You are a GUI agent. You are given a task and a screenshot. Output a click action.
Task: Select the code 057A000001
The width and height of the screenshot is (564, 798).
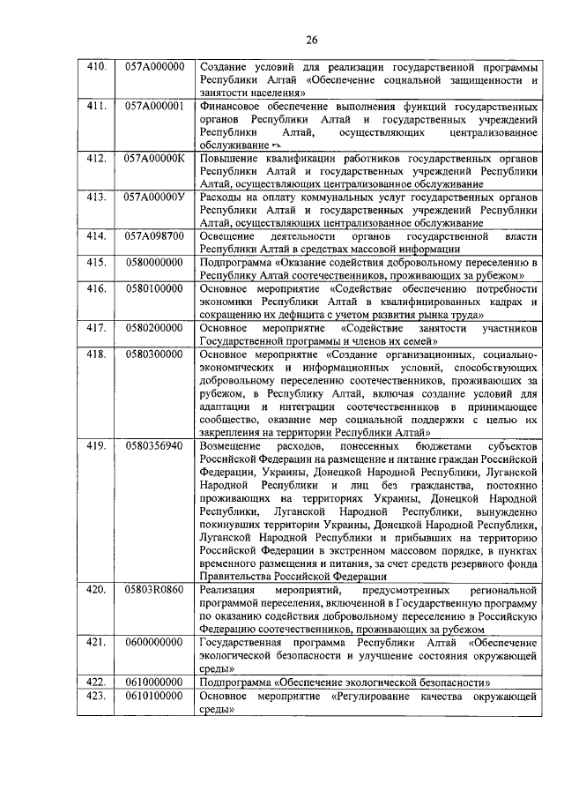click(x=154, y=106)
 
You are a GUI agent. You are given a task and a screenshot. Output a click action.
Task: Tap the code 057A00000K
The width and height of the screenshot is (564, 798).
click(x=154, y=158)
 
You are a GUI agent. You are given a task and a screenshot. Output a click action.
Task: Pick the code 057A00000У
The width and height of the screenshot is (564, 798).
click(x=154, y=197)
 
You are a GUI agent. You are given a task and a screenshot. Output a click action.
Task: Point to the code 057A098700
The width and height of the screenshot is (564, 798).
click(x=154, y=236)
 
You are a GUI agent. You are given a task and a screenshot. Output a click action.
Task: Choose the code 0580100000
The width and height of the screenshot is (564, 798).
click(x=154, y=288)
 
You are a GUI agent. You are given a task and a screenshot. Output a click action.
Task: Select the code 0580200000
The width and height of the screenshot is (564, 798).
click(x=154, y=327)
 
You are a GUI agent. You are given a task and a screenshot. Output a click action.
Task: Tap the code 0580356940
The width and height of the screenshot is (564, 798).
click(x=154, y=445)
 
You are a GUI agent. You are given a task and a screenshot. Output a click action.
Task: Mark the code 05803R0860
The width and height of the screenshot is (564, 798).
click(x=154, y=588)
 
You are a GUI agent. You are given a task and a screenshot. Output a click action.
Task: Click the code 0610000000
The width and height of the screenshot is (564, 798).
click(x=154, y=681)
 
